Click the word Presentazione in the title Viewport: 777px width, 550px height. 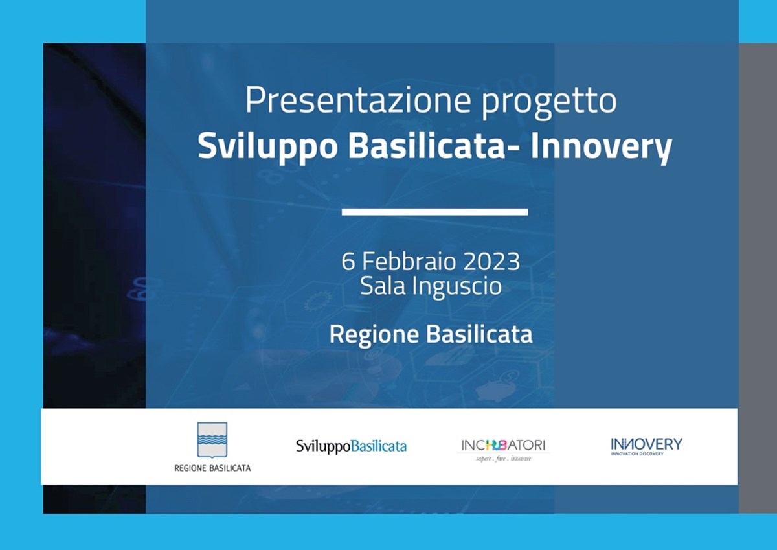coord(358,100)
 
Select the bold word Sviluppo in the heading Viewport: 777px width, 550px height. coord(267,147)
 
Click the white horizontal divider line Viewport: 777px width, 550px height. coord(434,212)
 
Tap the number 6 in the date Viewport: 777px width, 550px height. coord(348,262)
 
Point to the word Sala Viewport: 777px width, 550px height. coord(383,286)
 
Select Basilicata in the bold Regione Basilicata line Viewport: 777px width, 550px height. coord(479,334)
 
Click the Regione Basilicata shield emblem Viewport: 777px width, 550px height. coord(212,440)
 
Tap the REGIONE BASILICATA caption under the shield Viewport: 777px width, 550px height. coord(212,468)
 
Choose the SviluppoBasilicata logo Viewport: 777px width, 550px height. coord(351,446)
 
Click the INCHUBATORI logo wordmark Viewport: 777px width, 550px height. coord(503,445)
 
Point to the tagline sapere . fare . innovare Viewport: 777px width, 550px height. coord(503,459)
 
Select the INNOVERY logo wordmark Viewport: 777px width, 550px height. coord(647,444)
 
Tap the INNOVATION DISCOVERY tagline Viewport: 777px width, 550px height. coord(637,453)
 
